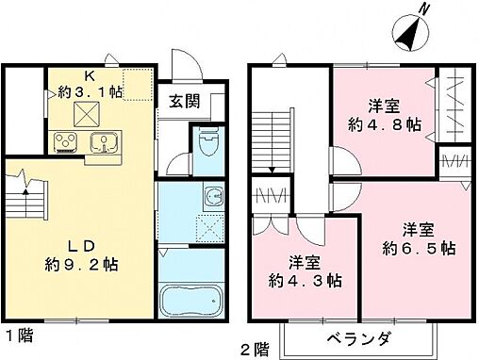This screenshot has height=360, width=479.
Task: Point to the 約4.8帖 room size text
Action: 387,125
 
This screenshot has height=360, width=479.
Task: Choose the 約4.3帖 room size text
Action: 305,280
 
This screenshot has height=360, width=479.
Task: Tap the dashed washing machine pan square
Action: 206,227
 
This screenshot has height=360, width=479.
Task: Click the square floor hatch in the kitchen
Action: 89,115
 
